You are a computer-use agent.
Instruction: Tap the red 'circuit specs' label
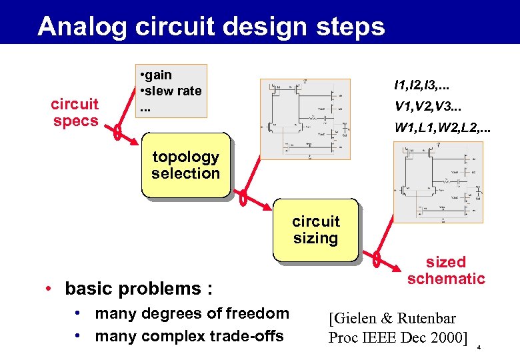pyautogui.click(x=75, y=113)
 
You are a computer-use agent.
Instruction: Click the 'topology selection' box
pyautogui.click(x=185, y=165)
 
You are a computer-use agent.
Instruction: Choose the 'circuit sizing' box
pyautogui.click(x=315, y=230)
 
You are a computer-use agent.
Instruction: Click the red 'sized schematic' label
pyautogui.click(x=446, y=270)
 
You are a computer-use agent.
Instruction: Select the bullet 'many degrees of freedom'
pyautogui.click(x=192, y=313)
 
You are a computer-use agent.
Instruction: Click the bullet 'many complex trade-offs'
pyautogui.click(x=189, y=336)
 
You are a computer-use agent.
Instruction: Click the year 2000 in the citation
pyautogui.click(x=445, y=337)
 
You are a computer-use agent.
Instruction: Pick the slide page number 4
pyautogui.click(x=478, y=348)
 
